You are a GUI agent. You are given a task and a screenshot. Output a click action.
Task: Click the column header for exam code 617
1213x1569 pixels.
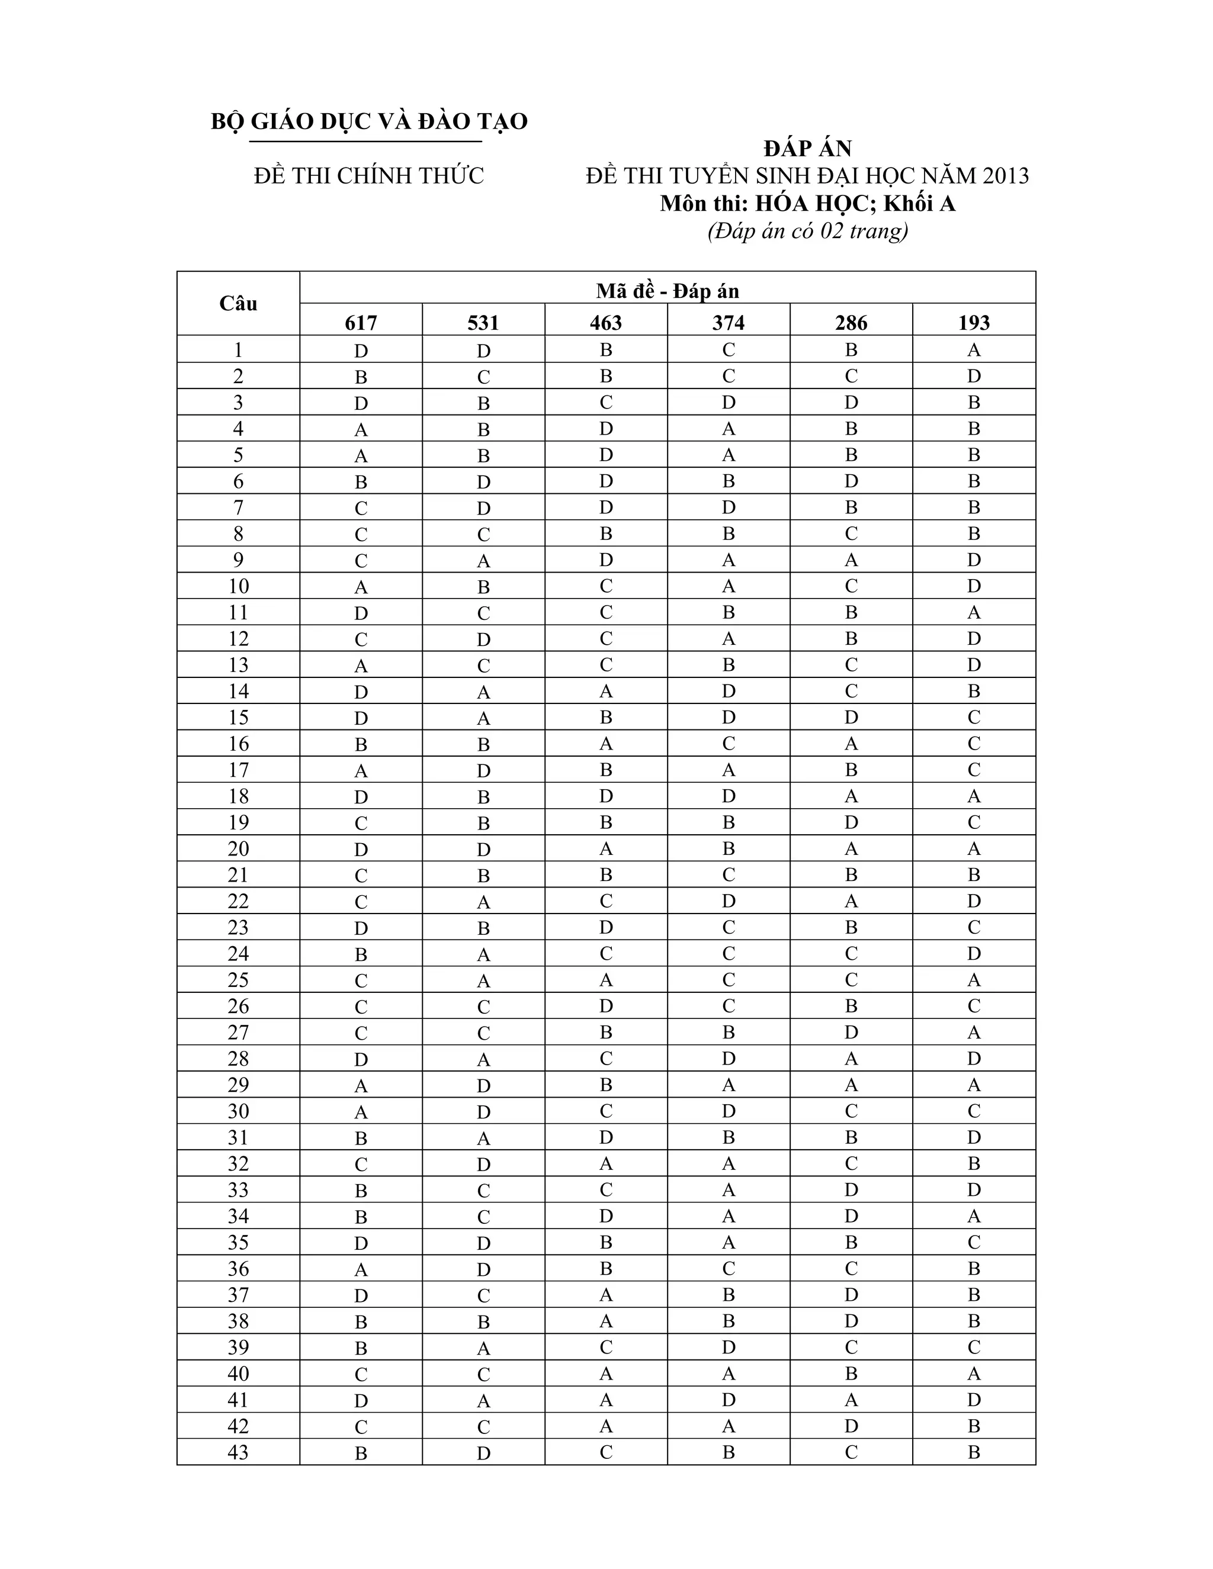361,323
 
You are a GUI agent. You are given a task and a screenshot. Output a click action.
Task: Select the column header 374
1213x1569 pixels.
729,323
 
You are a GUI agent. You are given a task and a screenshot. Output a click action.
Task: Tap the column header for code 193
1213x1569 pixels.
974,323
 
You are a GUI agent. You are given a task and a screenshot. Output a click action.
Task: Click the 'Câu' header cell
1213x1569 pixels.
238,303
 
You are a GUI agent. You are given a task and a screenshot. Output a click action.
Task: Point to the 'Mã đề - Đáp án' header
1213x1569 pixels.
668,290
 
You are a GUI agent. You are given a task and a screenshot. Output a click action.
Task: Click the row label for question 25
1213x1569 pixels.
238,980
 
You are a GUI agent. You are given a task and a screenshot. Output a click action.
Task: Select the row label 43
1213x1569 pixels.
238,1452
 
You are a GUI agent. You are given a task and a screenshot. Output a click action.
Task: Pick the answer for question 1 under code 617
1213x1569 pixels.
361,351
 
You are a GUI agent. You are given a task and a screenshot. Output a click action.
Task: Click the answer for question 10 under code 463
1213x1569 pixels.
606,586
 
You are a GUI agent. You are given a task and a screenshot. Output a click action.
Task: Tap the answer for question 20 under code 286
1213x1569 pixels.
851,848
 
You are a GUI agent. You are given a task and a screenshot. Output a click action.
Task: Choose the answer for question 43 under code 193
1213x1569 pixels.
974,1452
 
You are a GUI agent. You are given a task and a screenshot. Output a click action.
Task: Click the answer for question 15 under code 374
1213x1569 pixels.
729,717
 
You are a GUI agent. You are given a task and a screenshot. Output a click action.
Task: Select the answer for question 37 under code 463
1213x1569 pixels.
606,1294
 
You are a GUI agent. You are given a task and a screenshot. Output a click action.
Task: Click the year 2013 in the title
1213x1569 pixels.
1005,176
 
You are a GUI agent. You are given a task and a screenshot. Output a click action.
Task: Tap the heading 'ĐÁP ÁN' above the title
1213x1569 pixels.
808,149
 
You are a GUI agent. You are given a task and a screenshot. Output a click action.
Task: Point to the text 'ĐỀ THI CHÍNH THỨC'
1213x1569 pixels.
368,176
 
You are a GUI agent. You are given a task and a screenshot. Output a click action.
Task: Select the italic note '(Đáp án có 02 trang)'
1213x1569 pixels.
808,230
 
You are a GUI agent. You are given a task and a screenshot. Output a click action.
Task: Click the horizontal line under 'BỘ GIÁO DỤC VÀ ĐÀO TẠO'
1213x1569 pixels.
365,142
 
